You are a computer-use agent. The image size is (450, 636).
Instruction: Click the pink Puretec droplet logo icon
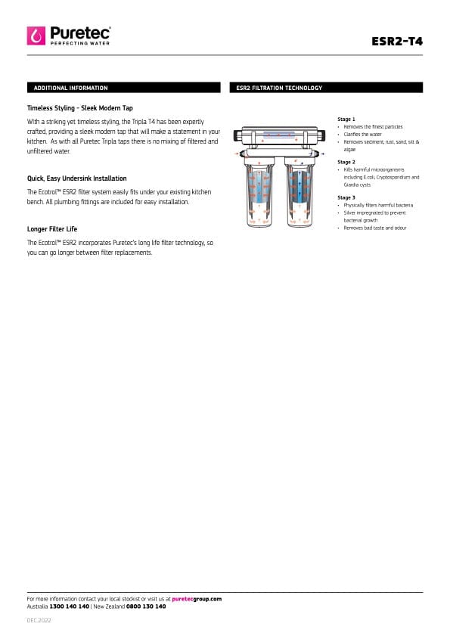pyautogui.click(x=36, y=36)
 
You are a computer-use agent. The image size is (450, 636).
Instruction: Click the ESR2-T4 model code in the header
pyautogui.click(x=397, y=42)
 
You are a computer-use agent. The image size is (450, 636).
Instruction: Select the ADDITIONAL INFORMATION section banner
pyautogui.click(x=124, y=88)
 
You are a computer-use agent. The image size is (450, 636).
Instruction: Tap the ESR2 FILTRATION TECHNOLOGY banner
pyautogui.click(x=326, y=88)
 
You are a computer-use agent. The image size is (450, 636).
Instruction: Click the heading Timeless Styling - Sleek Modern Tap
pyautogui.click(x=80, y=108)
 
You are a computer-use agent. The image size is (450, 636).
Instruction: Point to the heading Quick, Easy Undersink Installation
pyautogui.click(x=76, y=178)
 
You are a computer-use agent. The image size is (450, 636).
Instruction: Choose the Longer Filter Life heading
pyautogui.click(x=52, y=229)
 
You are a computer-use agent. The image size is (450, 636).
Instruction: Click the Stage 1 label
pyautogui.click(x=346, y=119)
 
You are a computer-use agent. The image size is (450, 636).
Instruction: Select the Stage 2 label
pyautogui.click(x=346, y=163)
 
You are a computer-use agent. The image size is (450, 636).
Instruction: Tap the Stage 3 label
pyautogui.click(x=346, y=198)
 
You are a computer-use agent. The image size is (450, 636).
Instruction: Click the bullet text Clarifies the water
pyautogui.click(x=363, y=135)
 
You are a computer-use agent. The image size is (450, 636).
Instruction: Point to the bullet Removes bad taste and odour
pyautogui.click(x=375, y=228)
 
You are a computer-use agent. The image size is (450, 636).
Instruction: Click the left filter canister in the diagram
pyautogui.click(x=259, y=193)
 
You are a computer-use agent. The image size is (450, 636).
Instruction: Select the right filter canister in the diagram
pyautogui.click(x=299, y=193)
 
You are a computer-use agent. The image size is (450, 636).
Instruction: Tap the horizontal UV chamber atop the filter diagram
pyautogui.click(x=280, y=135)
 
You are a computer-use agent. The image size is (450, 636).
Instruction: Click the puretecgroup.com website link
pyautogui.click(x=197, y=599)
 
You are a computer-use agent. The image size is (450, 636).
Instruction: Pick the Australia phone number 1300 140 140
pyautogui.click(x=69, y=607)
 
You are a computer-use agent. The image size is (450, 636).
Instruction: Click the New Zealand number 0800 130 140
pyautogui.click(x=146, y=607)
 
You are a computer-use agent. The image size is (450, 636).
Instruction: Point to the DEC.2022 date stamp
pyautogui.click(x=39, y=621)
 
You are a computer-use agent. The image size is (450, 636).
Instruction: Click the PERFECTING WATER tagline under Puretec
pyautogui.click(x=80, y=43)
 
